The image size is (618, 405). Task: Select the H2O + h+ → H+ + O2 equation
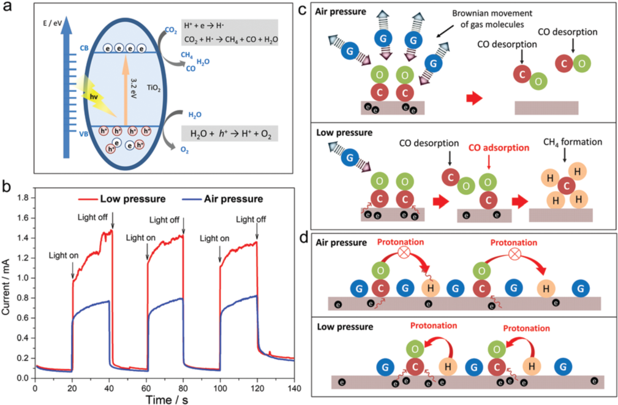(229, 133)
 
